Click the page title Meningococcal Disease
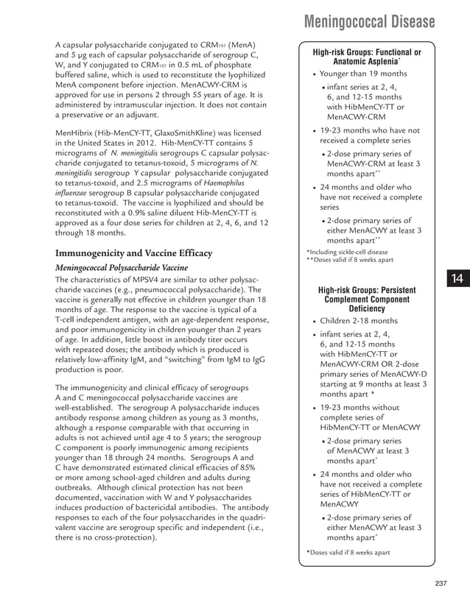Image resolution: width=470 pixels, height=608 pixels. point(369,22)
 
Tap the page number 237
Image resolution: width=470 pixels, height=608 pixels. point(441,584)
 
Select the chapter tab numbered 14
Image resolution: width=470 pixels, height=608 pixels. point(457,278)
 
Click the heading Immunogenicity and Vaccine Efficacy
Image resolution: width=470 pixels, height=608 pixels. point(133,253)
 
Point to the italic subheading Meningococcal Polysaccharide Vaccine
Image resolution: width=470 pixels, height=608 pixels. point(122,267)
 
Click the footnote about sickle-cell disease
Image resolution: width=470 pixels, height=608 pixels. point(346,252)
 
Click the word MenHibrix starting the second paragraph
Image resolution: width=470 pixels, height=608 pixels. point(77,132)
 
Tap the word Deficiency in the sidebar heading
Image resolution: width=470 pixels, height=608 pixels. point(367,309)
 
